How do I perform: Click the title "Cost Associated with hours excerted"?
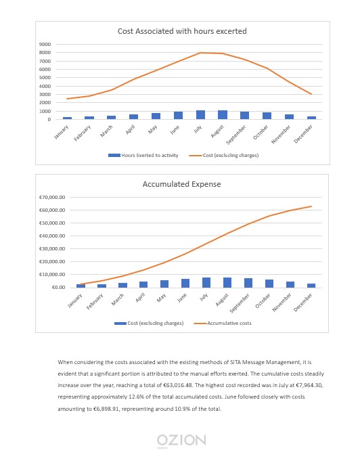[x=182, y=31]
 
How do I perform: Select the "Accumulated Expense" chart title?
[x=182, y=184]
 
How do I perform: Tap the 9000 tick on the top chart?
[x=45, y=44]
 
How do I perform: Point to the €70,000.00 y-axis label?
[x=52, y=198]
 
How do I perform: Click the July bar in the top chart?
[x=200, y=115]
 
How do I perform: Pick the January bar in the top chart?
[x=67, y=118]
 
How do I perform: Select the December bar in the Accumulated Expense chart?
[x=311, y=286]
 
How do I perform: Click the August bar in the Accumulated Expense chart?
[x=227, y=283]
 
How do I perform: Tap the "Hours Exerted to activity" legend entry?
[x=143, y=156]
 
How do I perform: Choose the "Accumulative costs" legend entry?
[x=223, y=323]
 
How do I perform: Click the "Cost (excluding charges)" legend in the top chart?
[x=224, y=156]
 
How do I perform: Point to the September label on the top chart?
[x=236, y=135]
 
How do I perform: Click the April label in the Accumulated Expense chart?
[x=140, y=297]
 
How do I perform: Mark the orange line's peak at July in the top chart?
[x=200, y=53]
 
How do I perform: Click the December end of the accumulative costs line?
[x=311, y=206]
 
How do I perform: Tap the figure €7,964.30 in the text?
[x=309, y=385]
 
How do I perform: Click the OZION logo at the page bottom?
[x=181, y=441]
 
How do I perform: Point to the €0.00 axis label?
[x=58, y=288]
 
